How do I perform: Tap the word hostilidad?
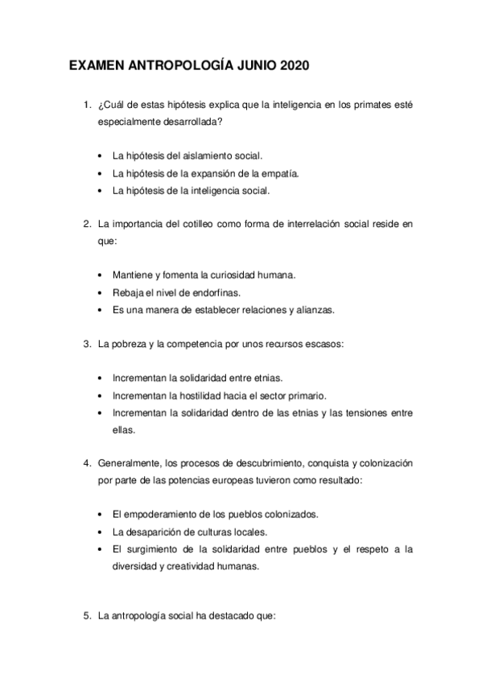click(211, 395)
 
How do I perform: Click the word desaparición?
click(159, 531)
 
